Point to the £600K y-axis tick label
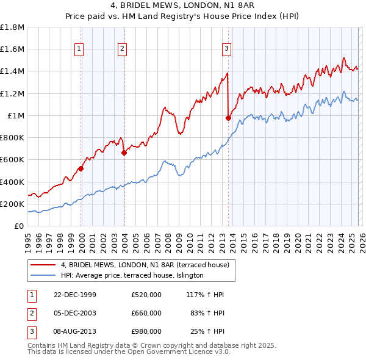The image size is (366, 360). (12, 160)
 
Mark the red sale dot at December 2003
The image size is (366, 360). (124, 153)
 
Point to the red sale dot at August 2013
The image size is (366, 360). (228, 118)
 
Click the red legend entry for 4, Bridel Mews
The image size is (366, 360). (145, 265)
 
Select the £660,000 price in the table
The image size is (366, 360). (146, 312)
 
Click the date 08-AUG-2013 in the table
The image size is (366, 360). (74, 331)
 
